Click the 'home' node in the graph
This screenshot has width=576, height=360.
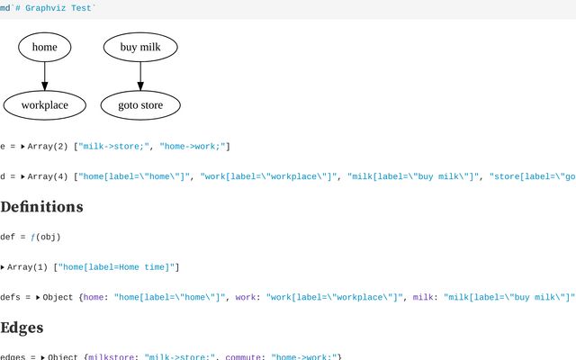tap(44, 47)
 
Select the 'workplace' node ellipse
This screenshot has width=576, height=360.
tap(44, 105)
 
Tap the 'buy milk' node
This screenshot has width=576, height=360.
tap(139, 47)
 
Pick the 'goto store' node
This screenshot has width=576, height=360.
tap(139, 105)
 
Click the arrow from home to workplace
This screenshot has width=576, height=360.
tap(44, 76)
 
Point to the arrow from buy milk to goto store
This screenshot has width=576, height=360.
tap(139, 76)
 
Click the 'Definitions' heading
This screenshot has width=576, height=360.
tap(41, 207)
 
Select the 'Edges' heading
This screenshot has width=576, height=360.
tap(22, 328)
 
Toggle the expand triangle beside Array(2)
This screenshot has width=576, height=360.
tap(23, 146)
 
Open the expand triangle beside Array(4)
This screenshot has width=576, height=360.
tap(23, 176)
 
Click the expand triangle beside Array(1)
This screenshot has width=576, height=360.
tap(4, 266)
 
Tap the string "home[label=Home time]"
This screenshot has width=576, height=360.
tap(119, 266)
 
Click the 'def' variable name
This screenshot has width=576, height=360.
tap(7, 237)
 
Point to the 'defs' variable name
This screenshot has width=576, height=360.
tap(10, 296)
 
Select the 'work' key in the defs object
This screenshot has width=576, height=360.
tap(247, 296)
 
